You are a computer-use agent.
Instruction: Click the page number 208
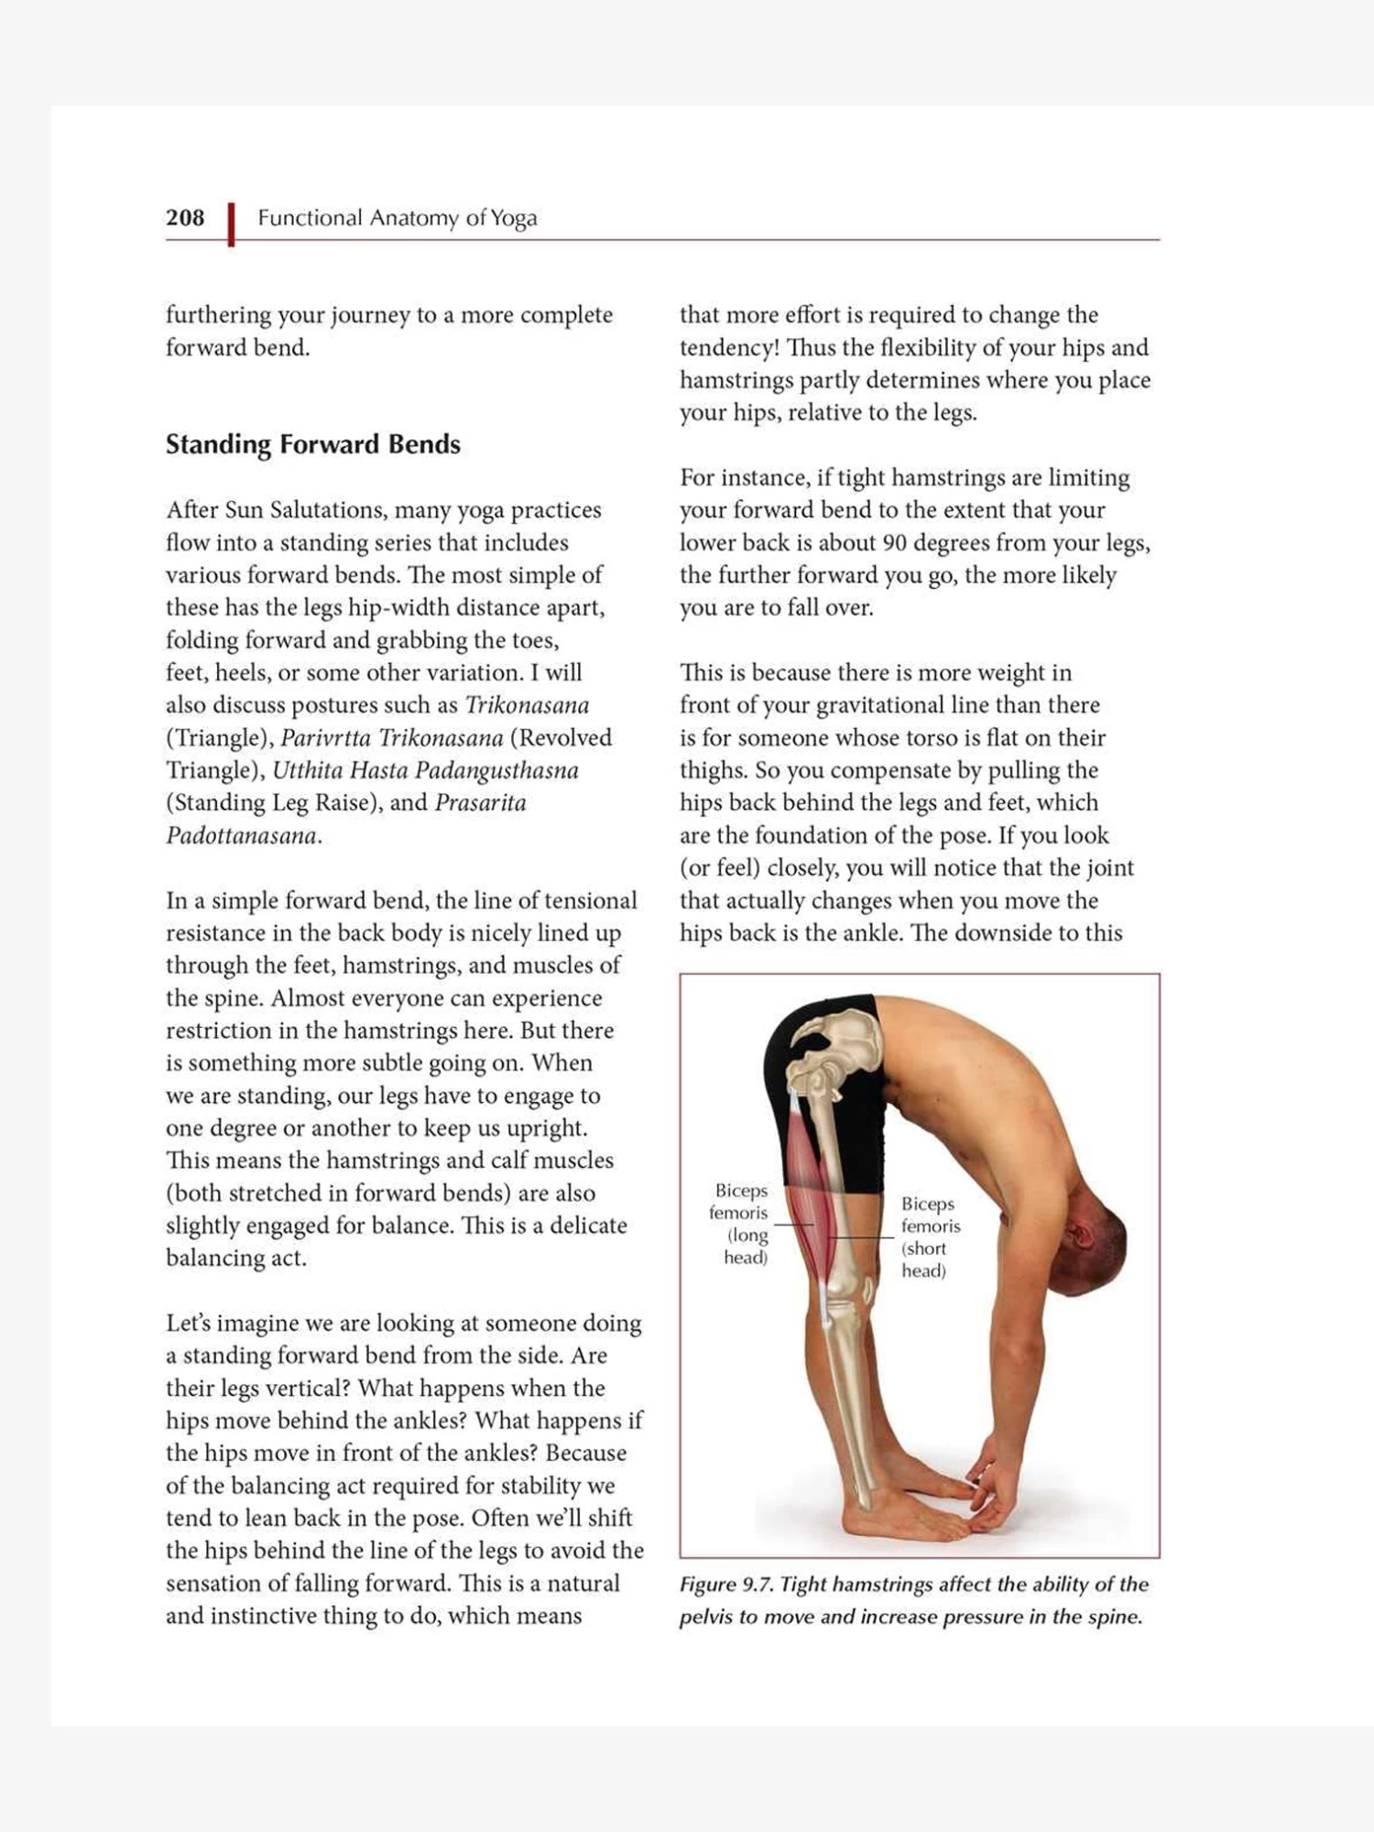[185, 218]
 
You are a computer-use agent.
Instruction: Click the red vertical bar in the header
[231, 224]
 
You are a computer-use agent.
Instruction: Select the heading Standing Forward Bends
[312, 444]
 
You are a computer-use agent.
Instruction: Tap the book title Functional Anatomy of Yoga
[397, 218]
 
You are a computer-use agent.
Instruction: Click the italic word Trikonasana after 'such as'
[527, 705]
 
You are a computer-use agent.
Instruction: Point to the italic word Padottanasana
[241, 835]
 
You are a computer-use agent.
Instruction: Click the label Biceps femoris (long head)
[739, 1223]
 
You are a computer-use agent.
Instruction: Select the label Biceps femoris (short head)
[930, 1237]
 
